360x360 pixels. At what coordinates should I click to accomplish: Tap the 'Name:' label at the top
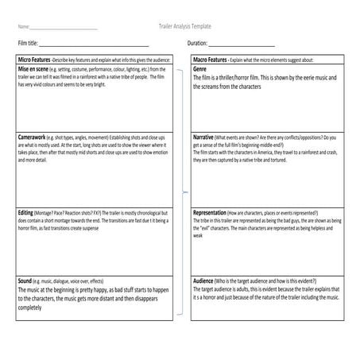(23, 28)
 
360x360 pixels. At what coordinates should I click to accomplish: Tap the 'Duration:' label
(197, 44)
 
